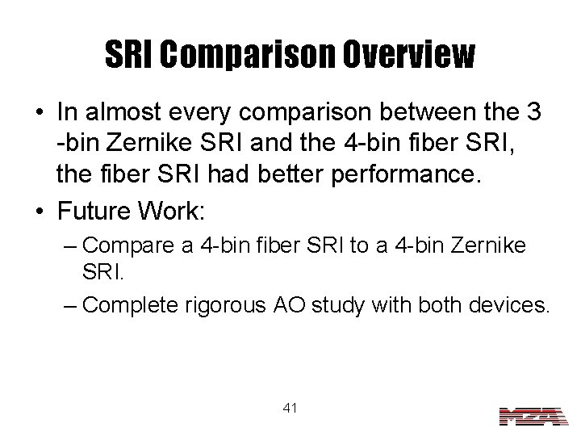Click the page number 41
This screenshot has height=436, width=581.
[290, 409]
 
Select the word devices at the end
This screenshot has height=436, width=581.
[508, 304]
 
